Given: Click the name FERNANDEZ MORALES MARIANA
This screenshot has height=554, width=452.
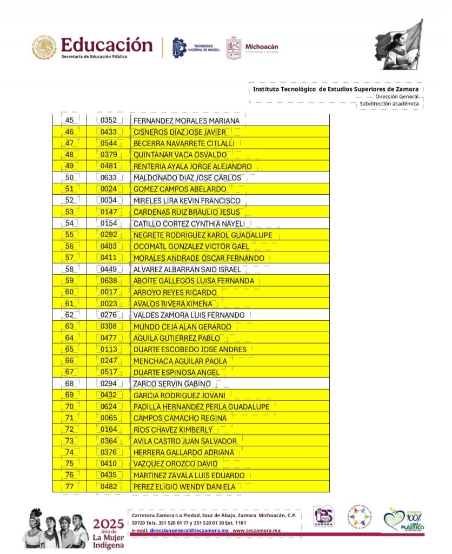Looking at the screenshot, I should click(x=186, y=121).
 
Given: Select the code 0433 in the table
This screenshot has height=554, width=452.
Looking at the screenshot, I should click(x=109, y=132).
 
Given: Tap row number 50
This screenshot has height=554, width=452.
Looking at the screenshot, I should click(x=69, y=177).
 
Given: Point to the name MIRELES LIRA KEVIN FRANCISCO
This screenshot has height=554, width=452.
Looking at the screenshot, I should click(x=187, y=201).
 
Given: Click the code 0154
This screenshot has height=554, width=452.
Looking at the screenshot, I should click(x=109, y=223).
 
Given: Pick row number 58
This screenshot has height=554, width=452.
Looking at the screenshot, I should click(x=69, y=269).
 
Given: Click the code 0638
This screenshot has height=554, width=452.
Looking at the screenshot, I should click(x=109, y=281).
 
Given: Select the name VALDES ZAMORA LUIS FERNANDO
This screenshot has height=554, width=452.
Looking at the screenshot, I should click(x=189, y=315).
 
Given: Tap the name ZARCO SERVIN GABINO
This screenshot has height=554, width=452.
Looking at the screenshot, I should click(x=172, y=384).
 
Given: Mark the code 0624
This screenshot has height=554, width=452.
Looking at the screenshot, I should click(x=109, y=407).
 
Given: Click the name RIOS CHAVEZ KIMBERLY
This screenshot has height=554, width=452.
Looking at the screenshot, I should click(x=173, y=430).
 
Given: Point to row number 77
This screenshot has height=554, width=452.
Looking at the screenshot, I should click(x=69, y=487).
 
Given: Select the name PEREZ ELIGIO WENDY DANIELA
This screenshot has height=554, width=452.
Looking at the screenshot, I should click(x=184, y=487).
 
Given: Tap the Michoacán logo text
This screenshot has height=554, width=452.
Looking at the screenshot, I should click(x=262, y=47).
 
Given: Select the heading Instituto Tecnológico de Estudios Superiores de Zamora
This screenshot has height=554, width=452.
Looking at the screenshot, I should click(x=335, y=89).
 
